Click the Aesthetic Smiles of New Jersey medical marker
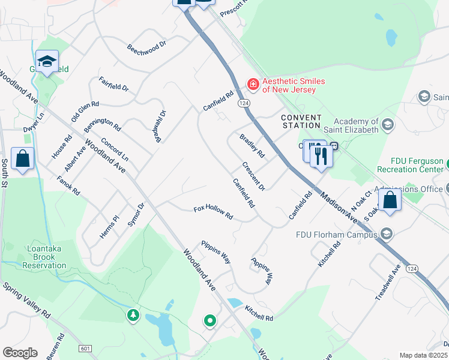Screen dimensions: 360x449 [253, 84]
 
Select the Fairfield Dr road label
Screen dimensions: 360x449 [114, 83]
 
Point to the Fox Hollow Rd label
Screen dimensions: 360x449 [213, 212]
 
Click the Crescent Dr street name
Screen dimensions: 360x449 [253, 175]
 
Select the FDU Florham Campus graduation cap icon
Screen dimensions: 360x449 [387, 233]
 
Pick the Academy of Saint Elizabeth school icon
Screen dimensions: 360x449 [388, 125]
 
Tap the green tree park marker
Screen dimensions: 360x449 [133, 314]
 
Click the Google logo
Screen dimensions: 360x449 [20, 352]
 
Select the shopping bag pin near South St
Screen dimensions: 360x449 [23, 158]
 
